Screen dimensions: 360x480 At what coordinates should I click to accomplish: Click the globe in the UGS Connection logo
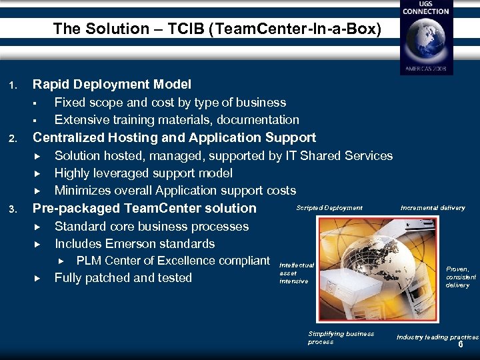click(x=425, y=41)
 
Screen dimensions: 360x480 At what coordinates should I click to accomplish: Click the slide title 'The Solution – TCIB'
click(x=217, y=29)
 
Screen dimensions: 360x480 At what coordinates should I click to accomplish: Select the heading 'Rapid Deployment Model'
click(x=112, y=84)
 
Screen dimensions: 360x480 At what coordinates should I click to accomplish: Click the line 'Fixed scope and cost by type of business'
click(x=170, y=102)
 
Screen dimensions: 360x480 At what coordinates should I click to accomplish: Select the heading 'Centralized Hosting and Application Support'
click(x=174, y=137)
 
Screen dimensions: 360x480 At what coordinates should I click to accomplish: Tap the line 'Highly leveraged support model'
click(x=143, y=173)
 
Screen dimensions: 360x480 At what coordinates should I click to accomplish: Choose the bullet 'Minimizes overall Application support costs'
click(x=175, y=191)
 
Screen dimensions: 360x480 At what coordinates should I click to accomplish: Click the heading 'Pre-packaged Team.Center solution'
click(x=145, y=208)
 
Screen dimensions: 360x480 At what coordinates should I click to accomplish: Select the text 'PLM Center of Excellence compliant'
click(x=173, y=261)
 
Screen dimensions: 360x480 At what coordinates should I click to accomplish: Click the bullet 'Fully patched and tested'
click(x=123, y=278)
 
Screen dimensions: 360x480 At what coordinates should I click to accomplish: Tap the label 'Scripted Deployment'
click(x=329, y=208)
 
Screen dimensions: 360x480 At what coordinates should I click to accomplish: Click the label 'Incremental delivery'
click(x=433, y=208)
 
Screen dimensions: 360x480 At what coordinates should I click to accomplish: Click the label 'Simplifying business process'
click(x=340, y=337)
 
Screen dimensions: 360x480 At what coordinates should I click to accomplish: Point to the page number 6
click(x=460, y=345)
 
